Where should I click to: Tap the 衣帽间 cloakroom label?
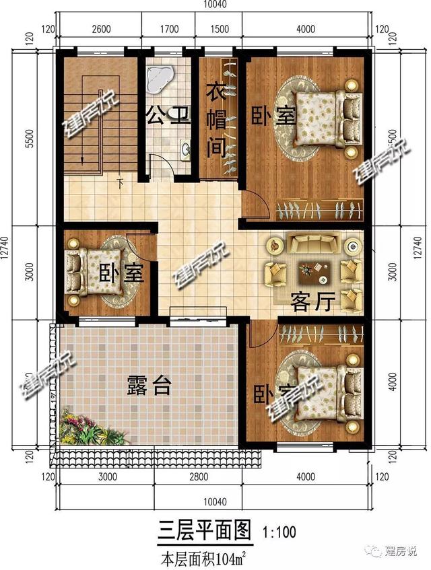click(215, 119)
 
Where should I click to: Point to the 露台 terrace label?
click(149, 386)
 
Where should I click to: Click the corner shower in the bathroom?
click(160, 75)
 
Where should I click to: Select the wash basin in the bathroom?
click(185, 149)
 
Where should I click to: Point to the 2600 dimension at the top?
click(100, 29)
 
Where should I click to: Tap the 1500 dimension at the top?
click(217, 29)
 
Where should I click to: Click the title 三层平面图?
click(203, 532)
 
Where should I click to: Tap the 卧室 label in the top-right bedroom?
click(273, 115)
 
